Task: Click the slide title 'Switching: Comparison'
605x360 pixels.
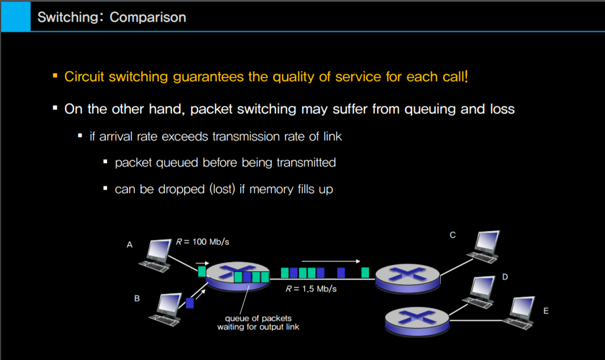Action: pos(112,18)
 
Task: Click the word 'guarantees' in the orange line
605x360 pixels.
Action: pos(208,77)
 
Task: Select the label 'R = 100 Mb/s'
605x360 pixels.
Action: pos(203,242)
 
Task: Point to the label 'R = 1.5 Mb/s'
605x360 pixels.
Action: pos(311,289)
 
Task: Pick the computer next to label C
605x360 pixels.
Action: pos(484,247)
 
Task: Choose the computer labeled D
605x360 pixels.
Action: pos(479,292)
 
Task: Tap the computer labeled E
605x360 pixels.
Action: pos(519,312)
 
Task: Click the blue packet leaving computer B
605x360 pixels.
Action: pos(190,303)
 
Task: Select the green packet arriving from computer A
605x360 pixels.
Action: pos(202,271)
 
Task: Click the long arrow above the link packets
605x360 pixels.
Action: pos(331,262)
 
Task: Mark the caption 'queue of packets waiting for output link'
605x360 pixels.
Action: pos(258,323)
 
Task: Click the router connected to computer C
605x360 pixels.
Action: pos(407,278)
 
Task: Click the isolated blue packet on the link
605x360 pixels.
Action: pos(341,273)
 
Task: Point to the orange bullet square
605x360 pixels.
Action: pos(55,75)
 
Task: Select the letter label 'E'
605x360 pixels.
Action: pos(546,311)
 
